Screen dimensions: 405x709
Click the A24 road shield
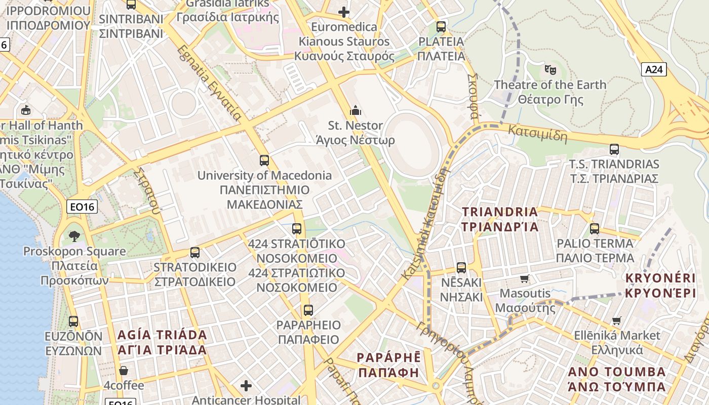click(654, 69)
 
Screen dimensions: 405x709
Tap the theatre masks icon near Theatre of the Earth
click(550, 69)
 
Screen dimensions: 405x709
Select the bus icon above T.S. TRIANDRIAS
click(614, 149)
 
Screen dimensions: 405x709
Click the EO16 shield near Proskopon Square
click(82, 207)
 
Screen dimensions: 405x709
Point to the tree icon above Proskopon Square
click(74, 235)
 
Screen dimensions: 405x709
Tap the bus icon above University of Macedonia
click(264, 160)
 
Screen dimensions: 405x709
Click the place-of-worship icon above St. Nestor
click(355, 110)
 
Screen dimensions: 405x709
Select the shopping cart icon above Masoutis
click(525, 278)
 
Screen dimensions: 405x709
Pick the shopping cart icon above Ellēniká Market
click(617, 320)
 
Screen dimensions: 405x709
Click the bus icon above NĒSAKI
click(461, 268)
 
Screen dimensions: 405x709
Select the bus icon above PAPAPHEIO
click(308, 310)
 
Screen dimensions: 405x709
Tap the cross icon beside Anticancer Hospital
click(246, 386)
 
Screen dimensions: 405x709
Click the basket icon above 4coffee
click(124, 371)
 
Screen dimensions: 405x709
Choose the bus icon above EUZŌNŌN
click(73, 321)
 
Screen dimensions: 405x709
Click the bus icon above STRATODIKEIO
click(194, 252)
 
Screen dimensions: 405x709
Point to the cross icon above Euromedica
click(344, 11)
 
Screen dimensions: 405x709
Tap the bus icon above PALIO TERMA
click(595, 228)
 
